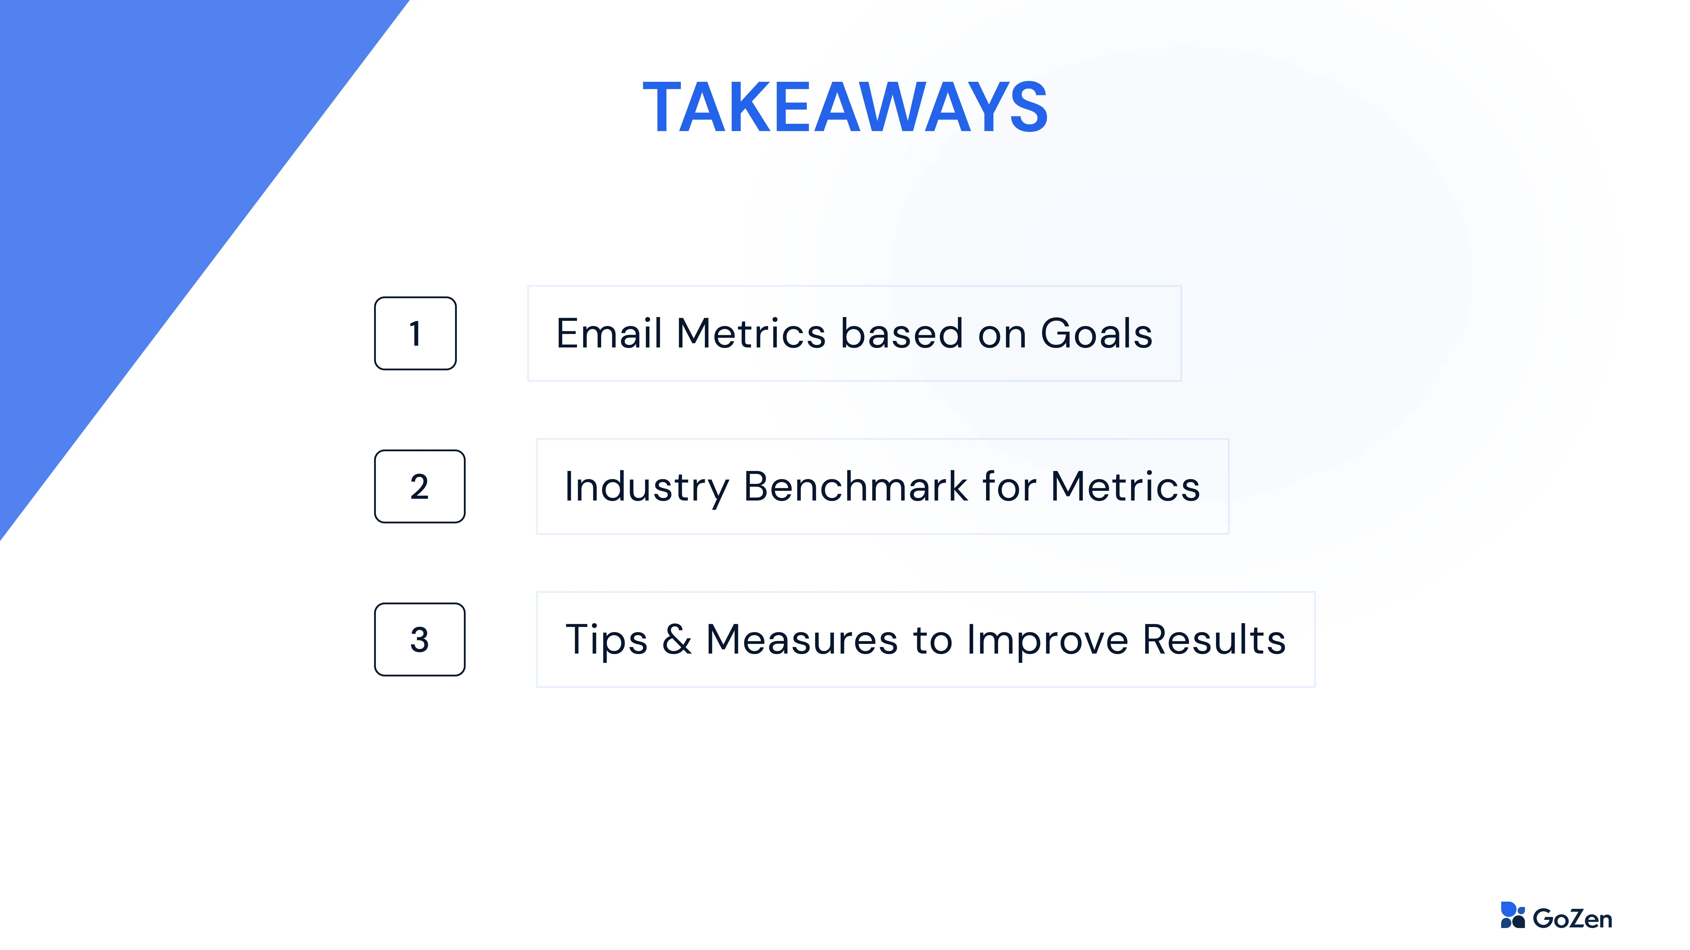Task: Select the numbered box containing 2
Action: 420,486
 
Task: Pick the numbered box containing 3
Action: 420,639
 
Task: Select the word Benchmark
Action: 856,486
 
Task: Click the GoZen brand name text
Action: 1572,919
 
